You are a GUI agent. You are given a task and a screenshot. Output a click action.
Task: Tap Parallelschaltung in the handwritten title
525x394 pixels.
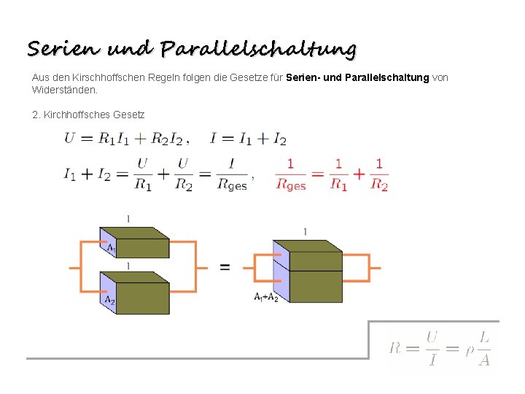pos(259,50)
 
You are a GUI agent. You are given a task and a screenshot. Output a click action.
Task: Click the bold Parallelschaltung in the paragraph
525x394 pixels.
pos(392,77)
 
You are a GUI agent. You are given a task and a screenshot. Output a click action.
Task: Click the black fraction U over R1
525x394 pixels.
pos(142,174)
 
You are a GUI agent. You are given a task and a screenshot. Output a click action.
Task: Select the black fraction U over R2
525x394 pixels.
pos(183,174)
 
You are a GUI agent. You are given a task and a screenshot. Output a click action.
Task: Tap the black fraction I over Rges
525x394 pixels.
pos(232,174)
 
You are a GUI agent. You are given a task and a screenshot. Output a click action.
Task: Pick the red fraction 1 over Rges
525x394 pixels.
pos(291,174)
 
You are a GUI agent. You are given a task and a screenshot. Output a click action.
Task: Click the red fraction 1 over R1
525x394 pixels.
pos(338,174)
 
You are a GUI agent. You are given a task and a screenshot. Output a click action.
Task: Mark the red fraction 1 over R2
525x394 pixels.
pos(379,174)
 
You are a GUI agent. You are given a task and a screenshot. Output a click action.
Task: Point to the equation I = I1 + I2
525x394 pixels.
pos(248,139)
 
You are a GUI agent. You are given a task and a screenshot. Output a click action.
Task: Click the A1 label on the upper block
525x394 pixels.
pos(111,249)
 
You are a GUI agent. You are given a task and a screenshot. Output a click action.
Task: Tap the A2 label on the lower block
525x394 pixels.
pos(109,300)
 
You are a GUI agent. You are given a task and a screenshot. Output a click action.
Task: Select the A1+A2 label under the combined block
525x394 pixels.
pos(266,297)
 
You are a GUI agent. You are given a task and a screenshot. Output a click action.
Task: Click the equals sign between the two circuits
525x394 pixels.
pos(225,268)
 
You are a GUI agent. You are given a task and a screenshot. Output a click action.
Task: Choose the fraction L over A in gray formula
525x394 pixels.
pos(484,348)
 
